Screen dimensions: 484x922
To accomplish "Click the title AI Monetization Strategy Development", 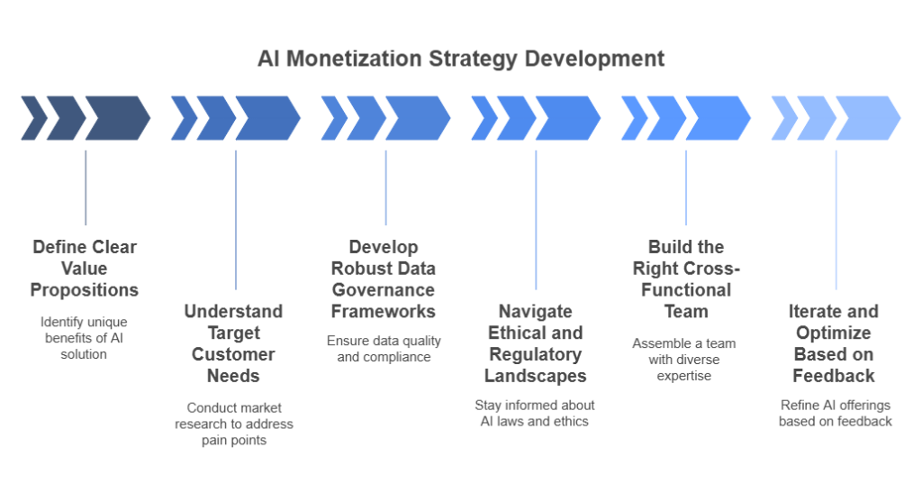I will [x=460, y=60].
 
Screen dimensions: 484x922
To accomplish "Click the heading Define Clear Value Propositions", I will [x=85, y=269].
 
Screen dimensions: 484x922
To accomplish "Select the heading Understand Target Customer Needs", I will [x=235, y=343].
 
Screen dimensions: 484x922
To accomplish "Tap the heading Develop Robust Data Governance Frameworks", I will [x=384, y=279].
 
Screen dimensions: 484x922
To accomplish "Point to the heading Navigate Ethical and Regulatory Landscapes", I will [x=536, y=343].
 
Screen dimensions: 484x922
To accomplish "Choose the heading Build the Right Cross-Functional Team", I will [x=685, y=279].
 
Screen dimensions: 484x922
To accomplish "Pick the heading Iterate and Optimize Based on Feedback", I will [x=836, y=343].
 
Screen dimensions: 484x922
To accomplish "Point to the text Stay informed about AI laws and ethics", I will [x=536, y=413].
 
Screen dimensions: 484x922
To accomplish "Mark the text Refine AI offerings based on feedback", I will [x=836, y=413].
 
